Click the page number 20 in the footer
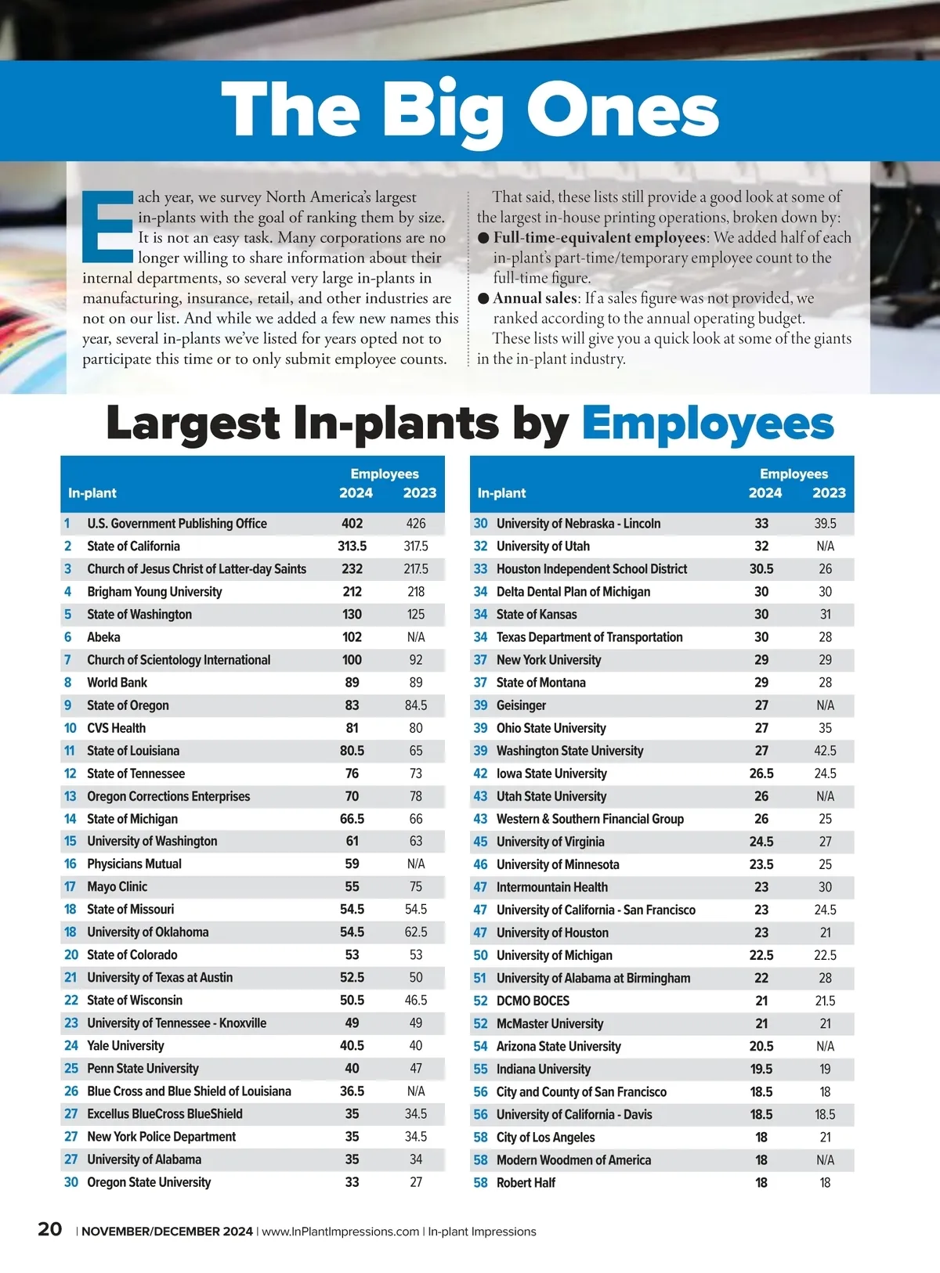[x=50, y=1229]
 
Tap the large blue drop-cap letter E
[x=107, y=226]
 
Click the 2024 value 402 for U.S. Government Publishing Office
[x=352, y=524]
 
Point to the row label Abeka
[x=103, y=637]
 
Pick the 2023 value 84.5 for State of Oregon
[x=416, y=705]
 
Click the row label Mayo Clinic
[x=117, y=887]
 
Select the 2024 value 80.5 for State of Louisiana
[x=352, y=751]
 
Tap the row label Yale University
[x=125, y=1046]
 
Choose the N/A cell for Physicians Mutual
[x=416, y=864]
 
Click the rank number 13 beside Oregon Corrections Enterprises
[x=70, y=796]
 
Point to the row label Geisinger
[x=521, y=705]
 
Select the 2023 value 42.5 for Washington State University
[x=825, y=751]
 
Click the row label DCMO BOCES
[x=533, y=1001]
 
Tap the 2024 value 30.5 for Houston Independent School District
[x=761, y=569]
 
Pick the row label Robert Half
[x=526, y=1183]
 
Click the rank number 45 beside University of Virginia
[x=480, y=842]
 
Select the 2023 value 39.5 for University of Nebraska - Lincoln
[x=825, y=524]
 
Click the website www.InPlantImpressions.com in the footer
[x=340, y=1232]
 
